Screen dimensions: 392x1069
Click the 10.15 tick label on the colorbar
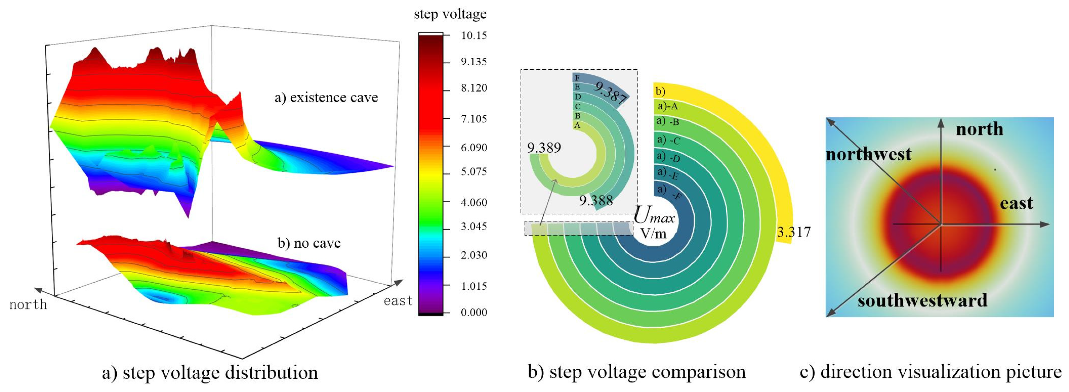click(x=474, y=36)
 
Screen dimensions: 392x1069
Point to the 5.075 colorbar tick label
click(x=474, y=172)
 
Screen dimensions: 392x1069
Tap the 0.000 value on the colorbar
click(x=474, y=312)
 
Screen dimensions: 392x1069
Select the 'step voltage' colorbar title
click(x=450, y=14)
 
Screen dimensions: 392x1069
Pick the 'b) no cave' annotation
click(x=309, y=243)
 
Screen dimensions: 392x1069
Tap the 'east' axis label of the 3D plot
click(x=398, y=301)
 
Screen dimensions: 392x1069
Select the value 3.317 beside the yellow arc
click(x=793, y=232)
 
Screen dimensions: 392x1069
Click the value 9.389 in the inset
click(x=544, y=148)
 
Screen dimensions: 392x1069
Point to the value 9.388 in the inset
click(x=596, y=201)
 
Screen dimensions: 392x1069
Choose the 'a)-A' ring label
click(x=668, y=107)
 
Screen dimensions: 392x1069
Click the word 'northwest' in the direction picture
click(x=868, y=155)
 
